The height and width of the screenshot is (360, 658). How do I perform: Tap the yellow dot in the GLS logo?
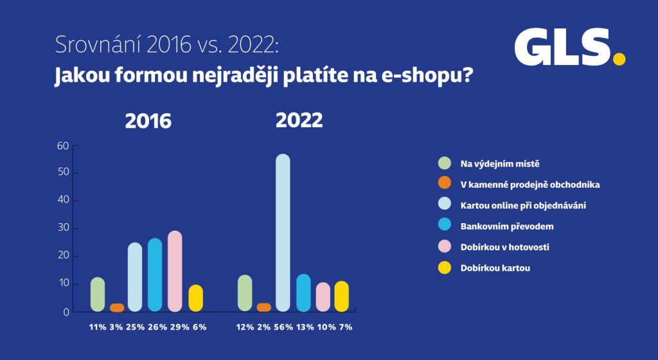[619, 59]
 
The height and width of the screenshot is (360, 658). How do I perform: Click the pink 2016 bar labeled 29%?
[175, 271]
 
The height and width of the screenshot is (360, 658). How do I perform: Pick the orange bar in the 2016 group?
[117, 307]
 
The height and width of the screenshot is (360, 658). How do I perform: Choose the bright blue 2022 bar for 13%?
[303, 292]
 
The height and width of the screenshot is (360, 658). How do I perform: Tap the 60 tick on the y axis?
[63, 145]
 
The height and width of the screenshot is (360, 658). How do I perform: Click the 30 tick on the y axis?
[63, 228]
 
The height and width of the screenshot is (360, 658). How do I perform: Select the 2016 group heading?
[148, 121]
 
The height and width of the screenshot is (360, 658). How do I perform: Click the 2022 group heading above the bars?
[299, 120]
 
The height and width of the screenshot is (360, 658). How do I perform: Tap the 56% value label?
[283, 327]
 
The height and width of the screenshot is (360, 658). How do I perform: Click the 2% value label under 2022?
[263, 327]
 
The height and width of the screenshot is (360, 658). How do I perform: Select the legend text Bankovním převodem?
[507, 226]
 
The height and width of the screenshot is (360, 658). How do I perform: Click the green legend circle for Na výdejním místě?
[445, 163]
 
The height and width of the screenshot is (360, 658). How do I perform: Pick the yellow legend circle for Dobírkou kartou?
[445, 267]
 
